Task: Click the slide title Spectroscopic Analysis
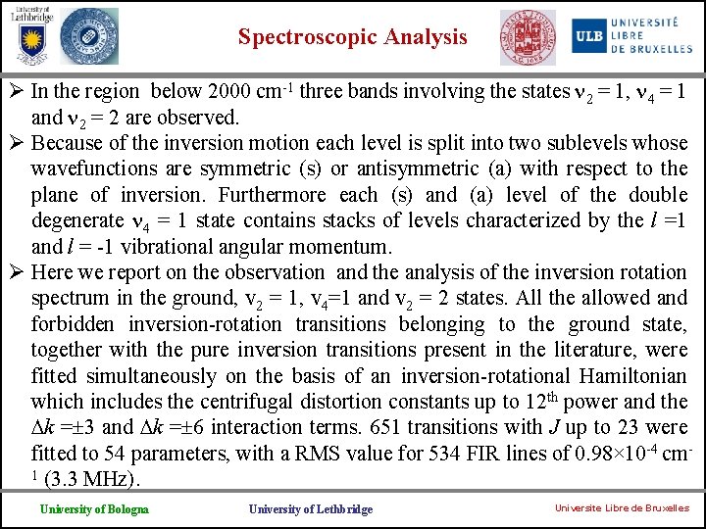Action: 353,37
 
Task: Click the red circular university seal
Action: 527,37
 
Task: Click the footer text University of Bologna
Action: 94,508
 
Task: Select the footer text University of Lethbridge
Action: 310,508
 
